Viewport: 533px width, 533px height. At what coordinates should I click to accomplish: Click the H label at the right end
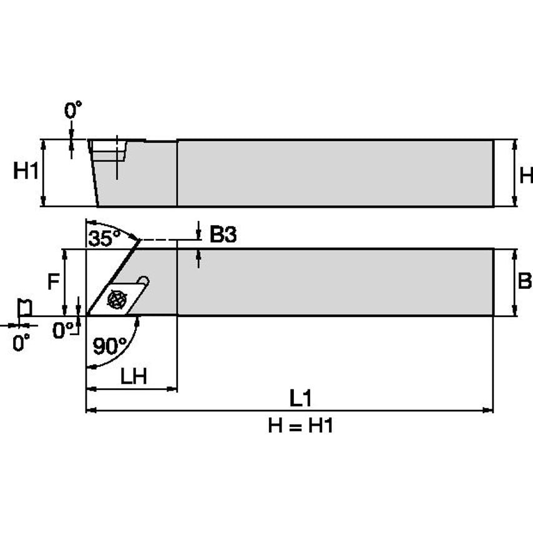526,175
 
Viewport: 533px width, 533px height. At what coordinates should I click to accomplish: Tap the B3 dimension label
223,235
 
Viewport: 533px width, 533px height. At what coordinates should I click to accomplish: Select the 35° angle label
102,239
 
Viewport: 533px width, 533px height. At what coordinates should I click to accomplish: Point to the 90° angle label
110,345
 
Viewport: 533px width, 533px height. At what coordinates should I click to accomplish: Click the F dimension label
54,282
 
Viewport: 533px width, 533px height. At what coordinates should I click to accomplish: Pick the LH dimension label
133,376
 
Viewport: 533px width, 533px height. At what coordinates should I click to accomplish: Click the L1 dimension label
300,397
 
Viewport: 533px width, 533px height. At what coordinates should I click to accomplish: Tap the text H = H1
301,426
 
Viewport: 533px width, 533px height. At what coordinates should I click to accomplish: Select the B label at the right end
525,281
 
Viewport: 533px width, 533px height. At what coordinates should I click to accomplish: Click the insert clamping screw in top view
117,299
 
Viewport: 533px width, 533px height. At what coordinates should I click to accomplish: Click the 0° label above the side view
73,111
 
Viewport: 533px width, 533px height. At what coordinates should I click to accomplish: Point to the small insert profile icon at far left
24,307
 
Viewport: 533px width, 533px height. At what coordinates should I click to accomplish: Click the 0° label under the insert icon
21,342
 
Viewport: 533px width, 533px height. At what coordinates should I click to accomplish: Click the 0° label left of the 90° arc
63,331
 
